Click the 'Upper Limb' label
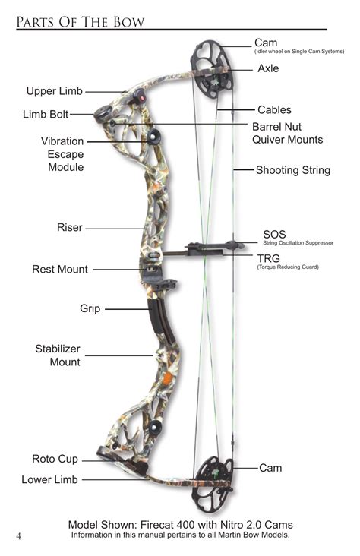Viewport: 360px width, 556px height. tap(54, 91)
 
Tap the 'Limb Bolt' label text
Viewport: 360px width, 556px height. tap(46, 114)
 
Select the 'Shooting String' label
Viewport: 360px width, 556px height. tap(293, 170)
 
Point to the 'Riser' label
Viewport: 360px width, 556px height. tap(70, 227)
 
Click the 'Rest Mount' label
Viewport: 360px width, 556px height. tap(59, 269)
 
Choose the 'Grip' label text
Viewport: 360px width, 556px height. tap(90, 308)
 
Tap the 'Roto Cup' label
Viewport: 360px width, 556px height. tap(55, 459)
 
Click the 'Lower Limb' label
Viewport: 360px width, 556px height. tap(49, 479)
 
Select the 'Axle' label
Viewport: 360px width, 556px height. tap(268, 68)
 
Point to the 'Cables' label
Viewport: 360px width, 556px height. tap(274, 109)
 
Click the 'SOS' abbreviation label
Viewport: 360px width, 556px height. tap(274, 235)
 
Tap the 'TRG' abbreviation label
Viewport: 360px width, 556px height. tap(269, 258)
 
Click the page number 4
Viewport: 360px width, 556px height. tap(18, 535)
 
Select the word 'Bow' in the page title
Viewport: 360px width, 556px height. tap(129, 22)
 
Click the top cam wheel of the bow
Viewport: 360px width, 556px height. tap(211, 69)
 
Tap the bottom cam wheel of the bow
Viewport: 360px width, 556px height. tap(212, 484)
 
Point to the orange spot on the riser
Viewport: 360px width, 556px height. tap(167, 378)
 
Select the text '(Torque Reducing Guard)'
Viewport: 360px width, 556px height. tap(288, 267)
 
